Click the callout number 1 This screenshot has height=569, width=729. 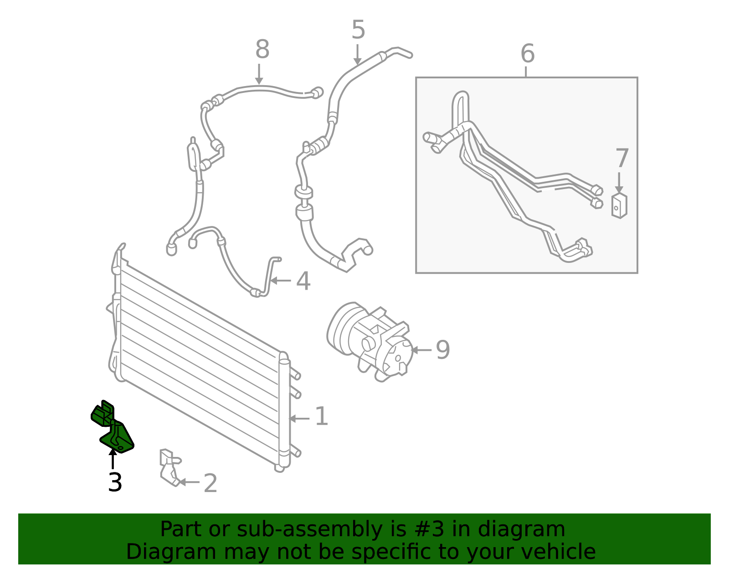(322, 416)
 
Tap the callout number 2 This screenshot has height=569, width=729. (210, 483)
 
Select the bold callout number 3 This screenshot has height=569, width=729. (115, 482)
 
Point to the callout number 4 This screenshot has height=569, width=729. (303, 281)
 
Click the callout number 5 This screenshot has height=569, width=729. (358, 30)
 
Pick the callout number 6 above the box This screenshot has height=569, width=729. (528, 53)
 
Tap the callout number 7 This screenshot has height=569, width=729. (622, 158)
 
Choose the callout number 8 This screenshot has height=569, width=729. (262, 49)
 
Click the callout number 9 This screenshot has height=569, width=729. (442, 350)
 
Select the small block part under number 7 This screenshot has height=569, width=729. (619, 206)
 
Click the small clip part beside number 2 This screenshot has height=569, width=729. (170, 467)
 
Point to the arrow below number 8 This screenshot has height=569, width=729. (259, 74)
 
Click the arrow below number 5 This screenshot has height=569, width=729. (358, 54)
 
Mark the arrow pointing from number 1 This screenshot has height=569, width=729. (299, 419)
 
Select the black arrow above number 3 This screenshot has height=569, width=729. (113, 459)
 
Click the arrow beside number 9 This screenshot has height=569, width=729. (421, 350)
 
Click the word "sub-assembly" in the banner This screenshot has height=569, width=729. (310, 530)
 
